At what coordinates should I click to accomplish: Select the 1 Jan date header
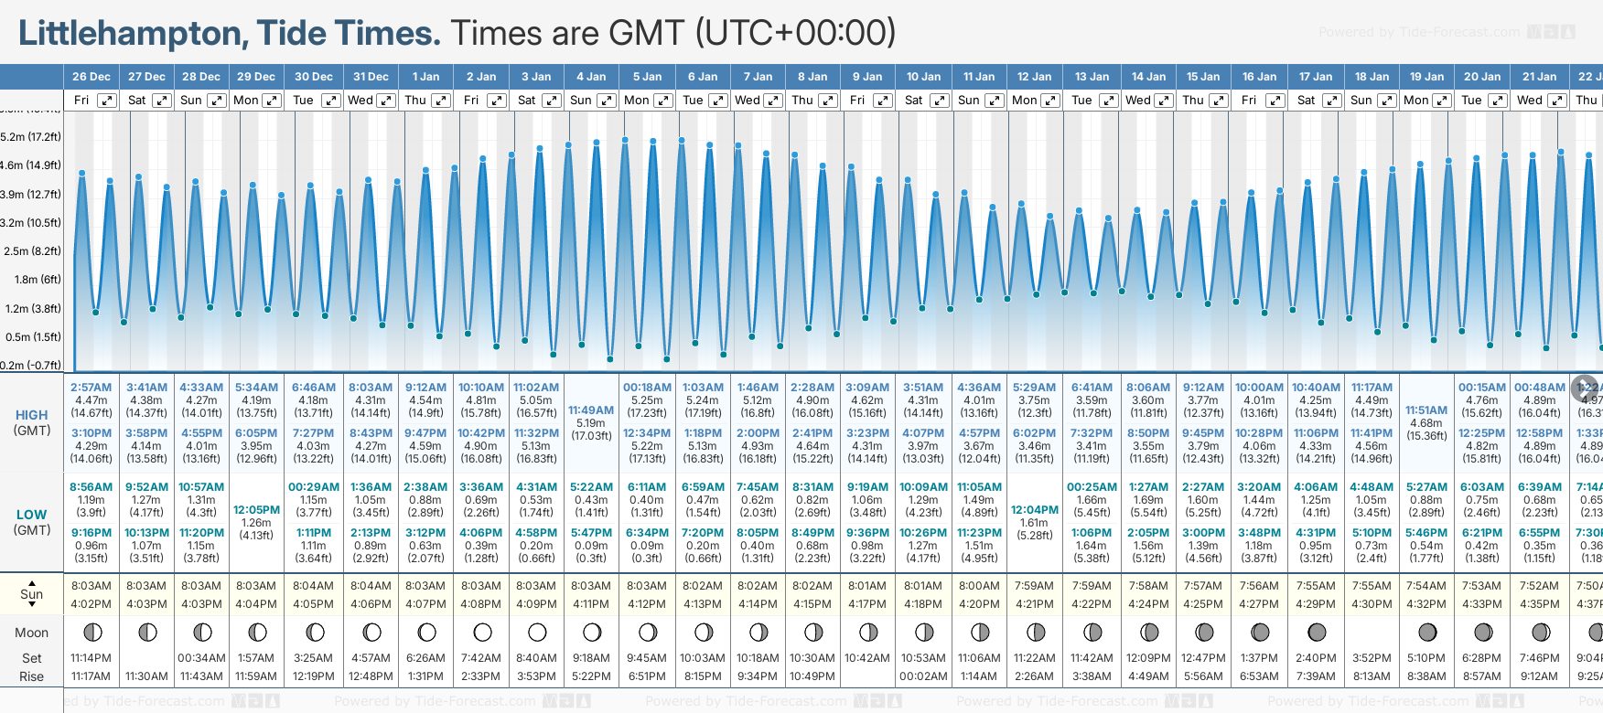(425, 77)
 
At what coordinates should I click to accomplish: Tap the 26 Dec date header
(91, 77)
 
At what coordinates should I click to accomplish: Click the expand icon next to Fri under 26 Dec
(107, 101)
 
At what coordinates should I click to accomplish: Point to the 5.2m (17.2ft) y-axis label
(31, 137)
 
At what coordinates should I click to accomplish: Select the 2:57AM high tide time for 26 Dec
(91, 388)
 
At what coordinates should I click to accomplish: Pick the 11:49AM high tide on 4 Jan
(591, 410)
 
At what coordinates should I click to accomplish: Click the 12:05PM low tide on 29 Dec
(256, 510)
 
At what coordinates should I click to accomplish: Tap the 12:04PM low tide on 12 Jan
(1035, 510)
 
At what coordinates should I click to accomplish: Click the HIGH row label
(32, 415)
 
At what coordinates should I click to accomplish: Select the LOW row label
(32, 515)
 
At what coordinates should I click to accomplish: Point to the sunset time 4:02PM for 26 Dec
(91, 604)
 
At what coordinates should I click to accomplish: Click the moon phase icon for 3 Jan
(537, 633)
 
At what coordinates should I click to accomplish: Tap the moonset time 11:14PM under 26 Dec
(91, 658)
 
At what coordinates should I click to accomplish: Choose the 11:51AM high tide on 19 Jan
(1426, 410)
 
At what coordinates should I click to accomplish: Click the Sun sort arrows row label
(32, 594)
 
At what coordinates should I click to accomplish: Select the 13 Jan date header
(1092, 77)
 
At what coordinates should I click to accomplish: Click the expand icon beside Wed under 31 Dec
(386, 101)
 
